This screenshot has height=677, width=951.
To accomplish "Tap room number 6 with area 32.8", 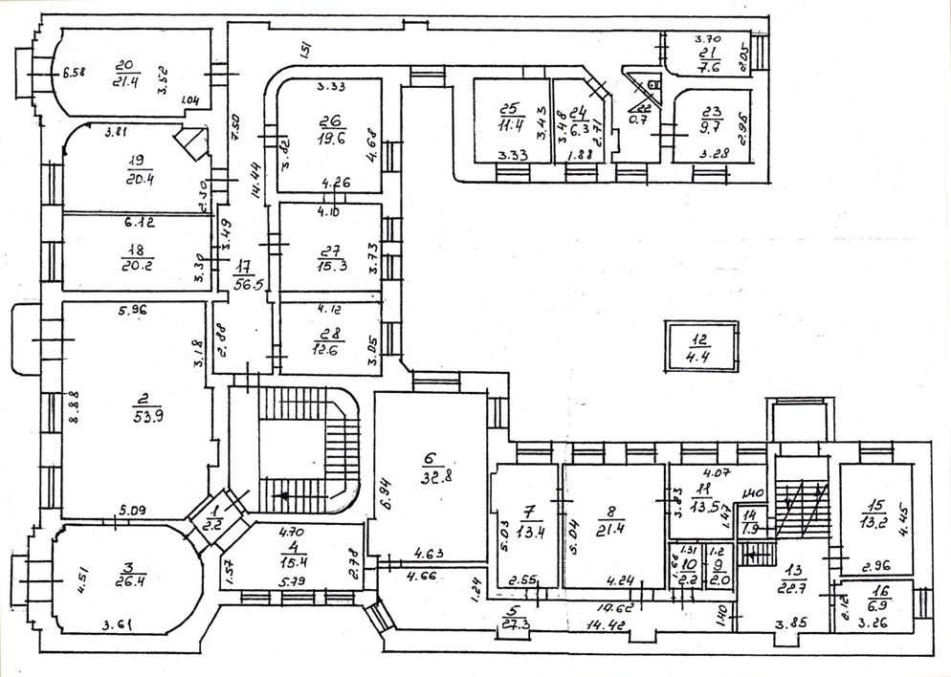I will [431, 458].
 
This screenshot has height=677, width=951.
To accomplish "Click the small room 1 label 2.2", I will [213, 524].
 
